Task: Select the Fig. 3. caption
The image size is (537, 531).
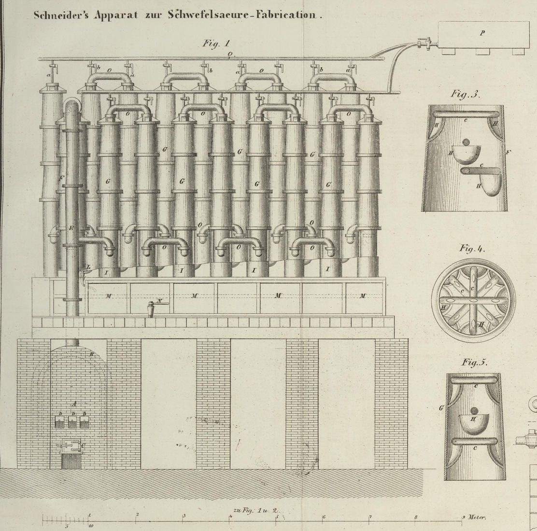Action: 466,94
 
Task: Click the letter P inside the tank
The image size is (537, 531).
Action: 482,33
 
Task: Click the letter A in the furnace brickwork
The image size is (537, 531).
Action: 74,403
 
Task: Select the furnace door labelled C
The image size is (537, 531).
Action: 71,445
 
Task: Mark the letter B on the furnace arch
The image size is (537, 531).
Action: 91,354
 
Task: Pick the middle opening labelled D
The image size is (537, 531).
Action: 73,421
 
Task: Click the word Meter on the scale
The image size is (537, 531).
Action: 477,517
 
